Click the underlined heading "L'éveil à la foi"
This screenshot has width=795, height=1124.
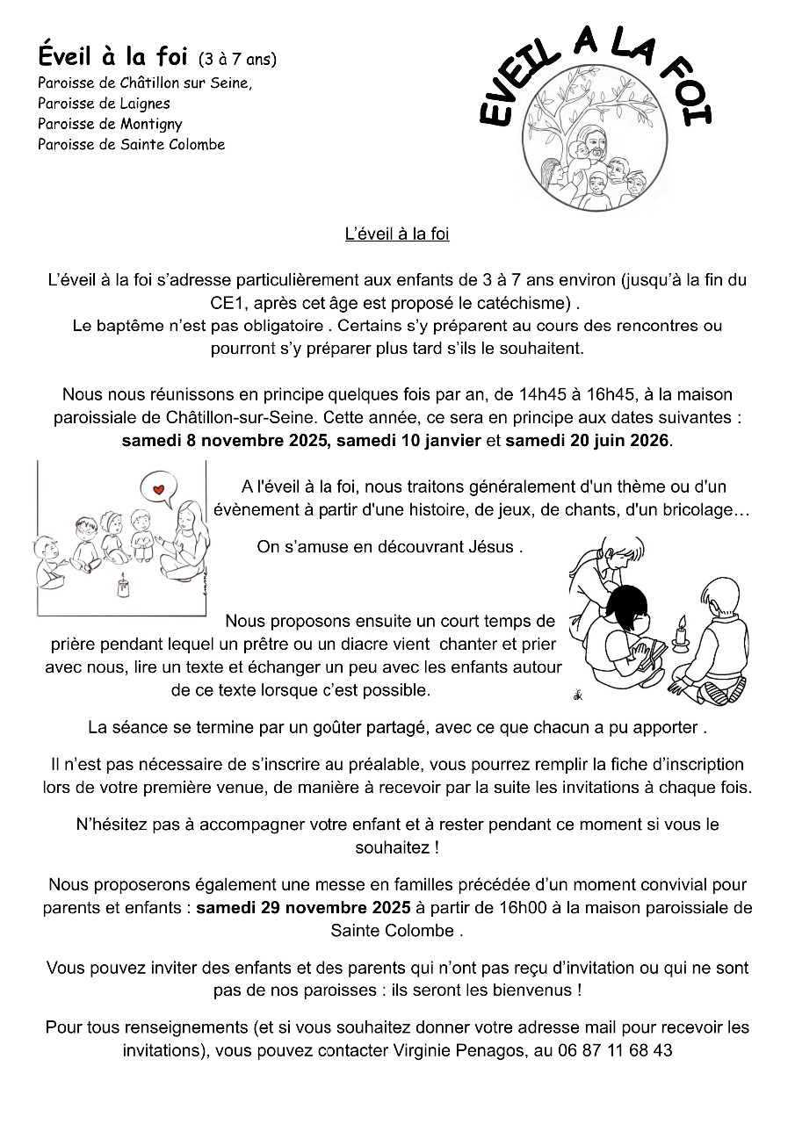click(x=397, y=234)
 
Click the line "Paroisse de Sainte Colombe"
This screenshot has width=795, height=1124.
click(x=131, y=144)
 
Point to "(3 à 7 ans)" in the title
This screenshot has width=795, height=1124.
click(x=237, y=60)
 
